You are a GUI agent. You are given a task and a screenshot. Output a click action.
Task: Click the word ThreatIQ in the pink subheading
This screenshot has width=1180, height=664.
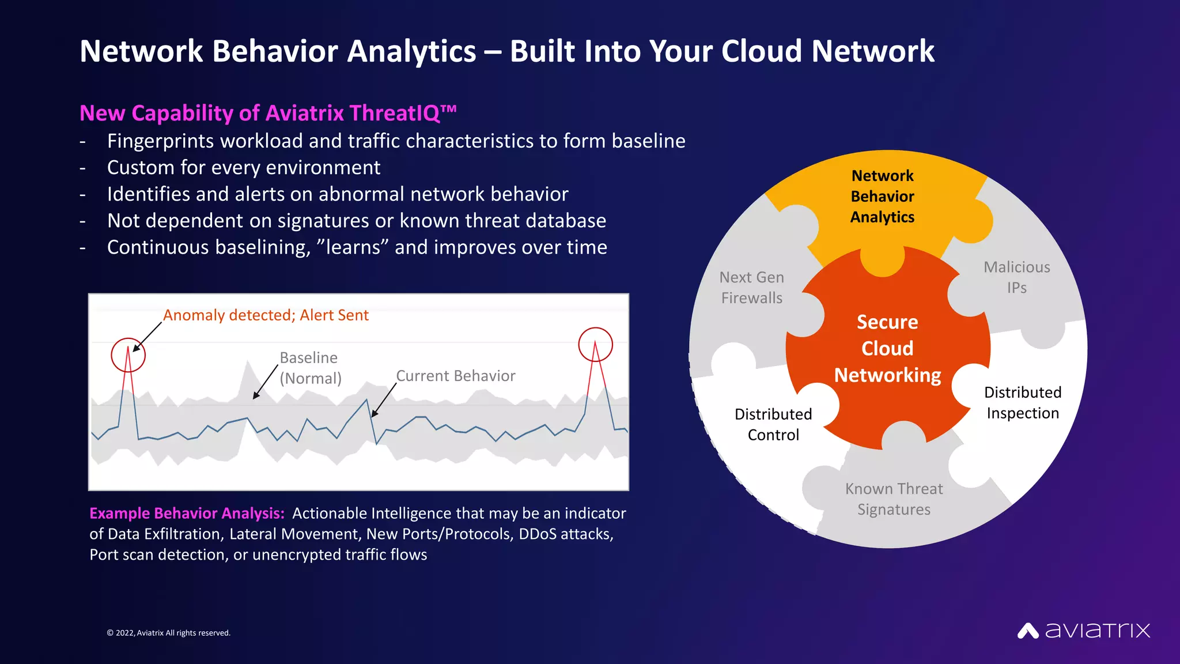pos(395,113)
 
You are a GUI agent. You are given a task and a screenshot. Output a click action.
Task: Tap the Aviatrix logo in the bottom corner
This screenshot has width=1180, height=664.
pos(1083,631)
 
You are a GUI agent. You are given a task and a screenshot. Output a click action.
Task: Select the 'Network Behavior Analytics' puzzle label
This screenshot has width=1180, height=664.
pos(882,197)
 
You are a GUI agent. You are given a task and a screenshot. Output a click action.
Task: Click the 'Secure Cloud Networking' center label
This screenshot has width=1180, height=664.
pos(887,349)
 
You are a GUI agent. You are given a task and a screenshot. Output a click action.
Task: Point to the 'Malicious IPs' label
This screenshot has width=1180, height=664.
pos(1016,277)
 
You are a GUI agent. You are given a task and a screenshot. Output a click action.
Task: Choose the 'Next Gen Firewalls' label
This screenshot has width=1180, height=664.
pos(751,288)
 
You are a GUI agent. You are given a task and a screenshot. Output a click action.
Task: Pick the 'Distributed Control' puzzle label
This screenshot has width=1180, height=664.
pos(773,424)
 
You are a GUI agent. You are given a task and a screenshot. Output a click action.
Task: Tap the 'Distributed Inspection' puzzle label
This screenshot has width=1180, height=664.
pos(1022,402)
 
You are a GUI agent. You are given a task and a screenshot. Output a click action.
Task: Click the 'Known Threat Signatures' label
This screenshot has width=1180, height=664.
pos(894,499)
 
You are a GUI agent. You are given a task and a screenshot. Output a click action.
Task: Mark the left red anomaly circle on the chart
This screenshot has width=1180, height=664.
pos(128,355)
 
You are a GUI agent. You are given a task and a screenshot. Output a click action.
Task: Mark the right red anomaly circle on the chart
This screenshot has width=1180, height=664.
pos(595,345)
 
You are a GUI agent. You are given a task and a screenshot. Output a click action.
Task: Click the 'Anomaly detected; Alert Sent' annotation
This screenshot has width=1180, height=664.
pos(266,315)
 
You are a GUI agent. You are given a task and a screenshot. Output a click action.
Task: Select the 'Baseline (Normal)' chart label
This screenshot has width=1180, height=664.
pos(310,368)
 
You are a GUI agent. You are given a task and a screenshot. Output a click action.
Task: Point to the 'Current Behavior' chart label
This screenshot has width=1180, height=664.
pos(455,376)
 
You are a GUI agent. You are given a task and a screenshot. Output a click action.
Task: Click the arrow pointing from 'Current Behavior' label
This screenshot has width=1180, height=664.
pos(384,399)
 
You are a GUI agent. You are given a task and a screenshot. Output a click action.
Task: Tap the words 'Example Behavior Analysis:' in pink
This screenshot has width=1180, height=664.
pos(187,513)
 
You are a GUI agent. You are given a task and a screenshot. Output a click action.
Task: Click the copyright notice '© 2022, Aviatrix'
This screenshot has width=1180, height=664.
pos(168,633)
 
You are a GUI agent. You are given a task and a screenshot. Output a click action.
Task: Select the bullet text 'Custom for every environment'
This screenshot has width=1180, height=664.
pos(243,168)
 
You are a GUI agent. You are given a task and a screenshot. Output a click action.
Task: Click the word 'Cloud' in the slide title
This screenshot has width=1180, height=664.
pos(762,51)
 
